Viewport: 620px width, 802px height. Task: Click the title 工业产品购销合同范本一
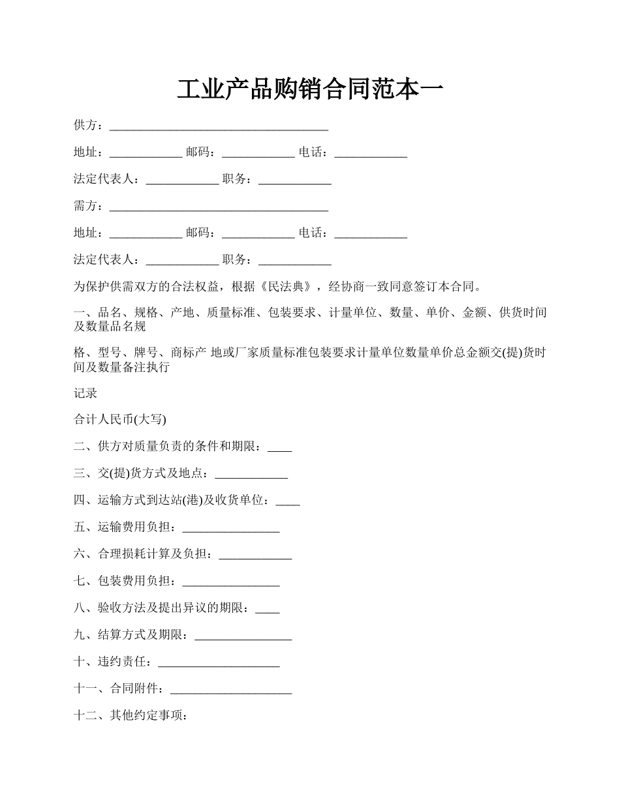310,89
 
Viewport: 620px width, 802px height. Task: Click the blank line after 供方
219,126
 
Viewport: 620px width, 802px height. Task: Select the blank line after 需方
219,207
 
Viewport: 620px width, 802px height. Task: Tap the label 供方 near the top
85,125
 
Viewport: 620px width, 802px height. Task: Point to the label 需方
85,206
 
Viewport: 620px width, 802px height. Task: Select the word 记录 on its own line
85,393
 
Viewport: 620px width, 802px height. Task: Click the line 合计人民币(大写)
120,420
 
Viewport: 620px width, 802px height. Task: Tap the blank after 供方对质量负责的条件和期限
280,447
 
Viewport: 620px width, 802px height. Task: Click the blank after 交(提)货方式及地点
251,474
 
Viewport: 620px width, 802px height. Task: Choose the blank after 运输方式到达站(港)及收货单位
288,501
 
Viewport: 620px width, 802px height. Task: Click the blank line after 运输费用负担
231,528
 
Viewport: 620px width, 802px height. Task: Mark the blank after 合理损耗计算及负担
255,555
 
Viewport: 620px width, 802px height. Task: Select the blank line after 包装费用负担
231,582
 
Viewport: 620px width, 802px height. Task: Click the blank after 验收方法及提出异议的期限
268,609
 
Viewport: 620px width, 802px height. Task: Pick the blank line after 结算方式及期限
243,636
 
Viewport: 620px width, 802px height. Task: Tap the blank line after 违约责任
219,662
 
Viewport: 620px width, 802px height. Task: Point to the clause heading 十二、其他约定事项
132,715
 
